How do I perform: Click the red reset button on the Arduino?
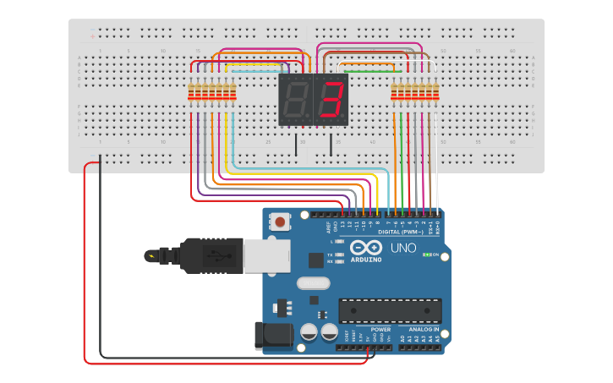(x=279, y=222)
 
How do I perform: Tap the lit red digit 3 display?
(x=331, y=100)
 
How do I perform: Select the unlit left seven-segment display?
(x=296, y=100)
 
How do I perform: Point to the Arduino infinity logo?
(x=365, y=247)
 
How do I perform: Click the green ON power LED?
(x=429, y=254)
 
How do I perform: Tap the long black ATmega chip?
(x=390, y=310)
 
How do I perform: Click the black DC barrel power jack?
(x=274, y=335)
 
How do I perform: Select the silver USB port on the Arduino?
(x=265, y=255)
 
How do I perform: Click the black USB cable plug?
(x=211, y=255)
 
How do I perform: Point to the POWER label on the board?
(x=380, y=329)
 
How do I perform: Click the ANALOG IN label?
(x=424, y=329)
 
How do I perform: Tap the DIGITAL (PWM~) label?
(x=402, y=232)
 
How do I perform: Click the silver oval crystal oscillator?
(x=312, y=284)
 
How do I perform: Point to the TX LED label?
(x=329, y=254)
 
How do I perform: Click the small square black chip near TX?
(x=316, y=260)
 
